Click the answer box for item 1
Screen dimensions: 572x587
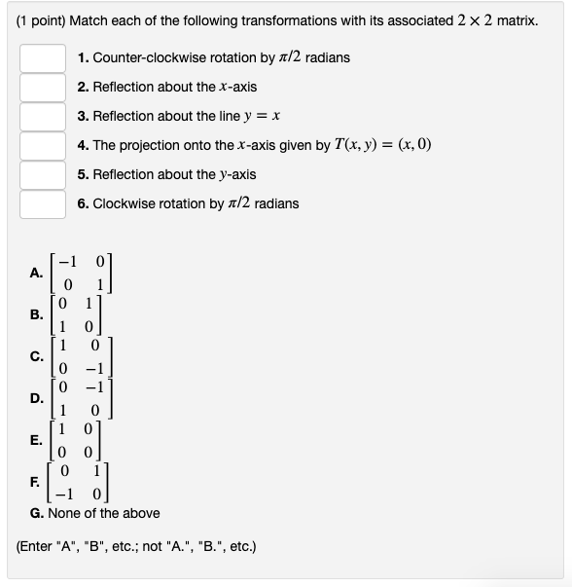(44, 58)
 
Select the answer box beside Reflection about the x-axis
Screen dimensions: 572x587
(44, 88)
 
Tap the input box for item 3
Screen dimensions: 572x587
(44, 117)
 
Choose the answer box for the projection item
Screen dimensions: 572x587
(44, 146)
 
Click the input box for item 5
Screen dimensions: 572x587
(44, 175)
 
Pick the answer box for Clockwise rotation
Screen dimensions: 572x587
(44, 204)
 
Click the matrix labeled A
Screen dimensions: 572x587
(85, 273)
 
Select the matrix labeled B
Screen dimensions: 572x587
(85, 314)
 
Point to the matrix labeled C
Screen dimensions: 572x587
(85, 356)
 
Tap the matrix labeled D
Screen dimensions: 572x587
(85, 398)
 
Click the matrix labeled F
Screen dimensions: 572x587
(85, 482)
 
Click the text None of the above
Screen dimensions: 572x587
(107, 513)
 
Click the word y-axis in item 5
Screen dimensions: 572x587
(235, 174)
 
